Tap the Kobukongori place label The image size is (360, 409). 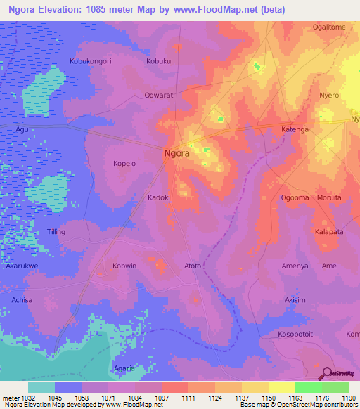coord(91,62)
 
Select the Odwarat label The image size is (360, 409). coord(158,95)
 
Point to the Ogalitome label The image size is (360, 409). coord(328,27)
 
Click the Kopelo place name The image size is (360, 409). coord(124,163)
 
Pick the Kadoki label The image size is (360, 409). coord(159,198)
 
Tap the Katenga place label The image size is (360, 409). coord(295,130)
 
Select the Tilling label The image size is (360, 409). coord(56,232)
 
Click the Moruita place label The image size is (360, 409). coord(328,198)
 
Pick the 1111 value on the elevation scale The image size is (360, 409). coord(188,398)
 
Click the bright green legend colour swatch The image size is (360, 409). coord(308,387)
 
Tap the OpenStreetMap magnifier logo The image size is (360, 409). coord(326,373)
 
